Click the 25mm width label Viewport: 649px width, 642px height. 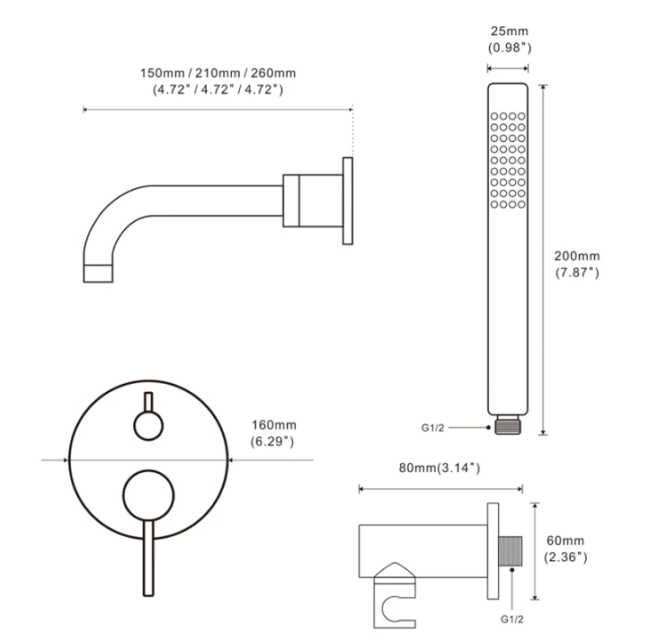(510, 31)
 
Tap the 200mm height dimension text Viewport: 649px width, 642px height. (577, 256)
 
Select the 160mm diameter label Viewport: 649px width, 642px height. (274, 425)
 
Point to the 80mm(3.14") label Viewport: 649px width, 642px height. (440, 468)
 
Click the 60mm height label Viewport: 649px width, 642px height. (565, 540)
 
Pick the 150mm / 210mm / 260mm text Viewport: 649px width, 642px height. (218, 73)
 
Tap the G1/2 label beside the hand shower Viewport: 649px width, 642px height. (432, 428)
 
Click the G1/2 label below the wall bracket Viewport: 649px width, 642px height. (512, 620)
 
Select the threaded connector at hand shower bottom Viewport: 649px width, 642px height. (508, 424)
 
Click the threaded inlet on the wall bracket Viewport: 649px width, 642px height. (511, 551)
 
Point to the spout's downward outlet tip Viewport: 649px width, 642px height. (98, 273)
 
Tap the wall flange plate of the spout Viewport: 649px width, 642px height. (348, 201)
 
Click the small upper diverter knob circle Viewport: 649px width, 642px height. (148, 425)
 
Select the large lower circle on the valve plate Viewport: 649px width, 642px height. (148, 495)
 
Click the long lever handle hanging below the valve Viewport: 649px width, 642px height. (148, 558)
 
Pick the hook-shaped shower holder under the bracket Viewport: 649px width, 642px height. (395, 595)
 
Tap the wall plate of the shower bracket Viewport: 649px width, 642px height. (493, 551)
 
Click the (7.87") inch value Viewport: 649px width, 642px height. (577, 272)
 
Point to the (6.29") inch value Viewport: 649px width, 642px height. (272, 441)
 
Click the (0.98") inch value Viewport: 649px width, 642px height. (510, 48)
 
